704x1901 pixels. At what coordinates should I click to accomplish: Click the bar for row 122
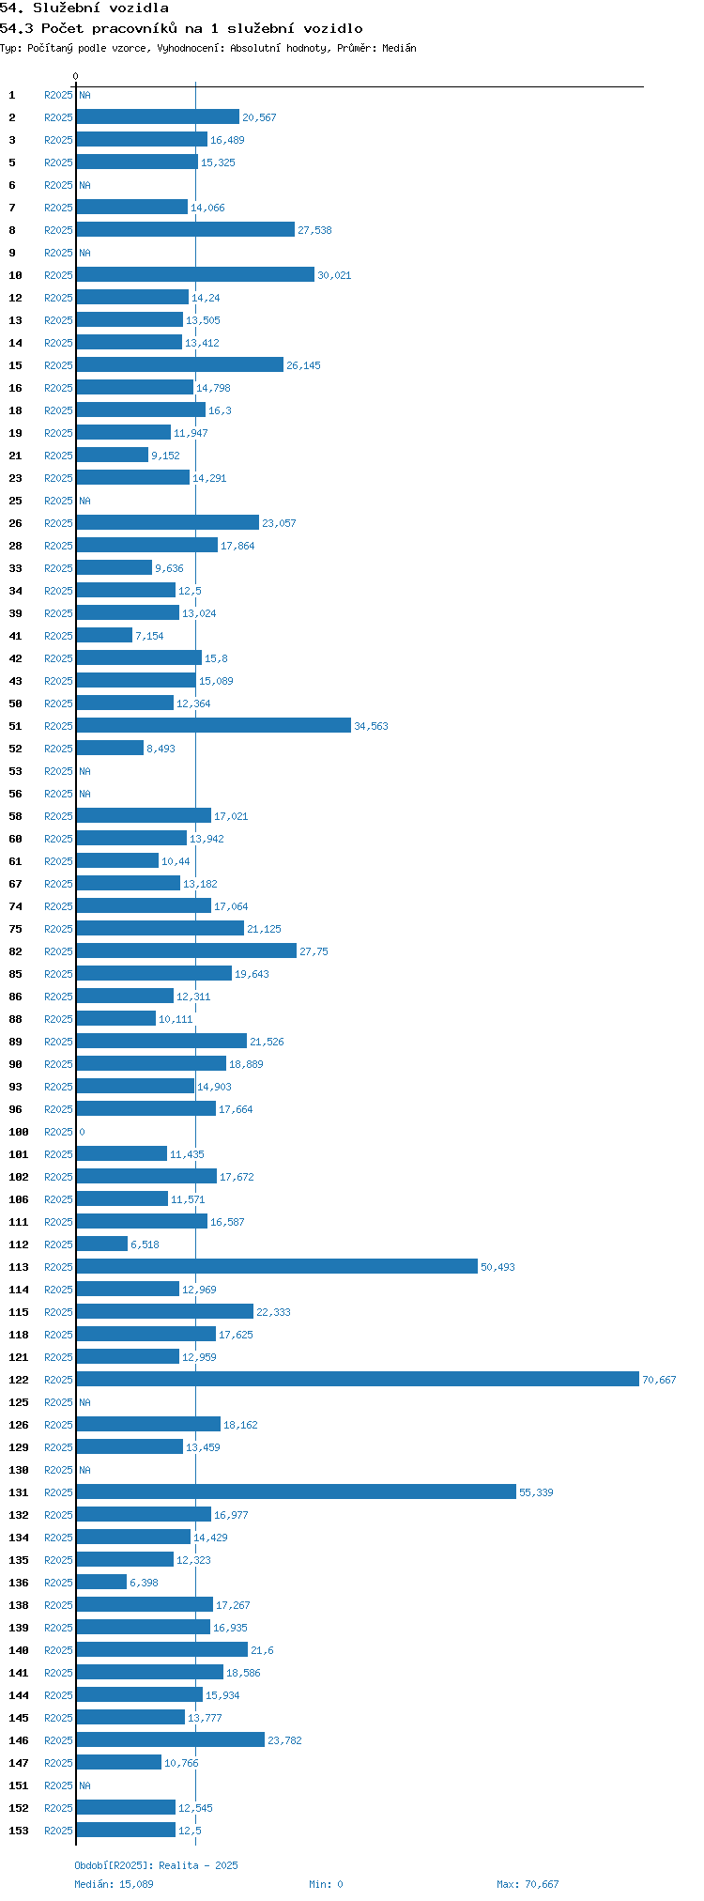tap(357, 1379)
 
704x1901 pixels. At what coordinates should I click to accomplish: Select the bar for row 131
tap(296, 1491)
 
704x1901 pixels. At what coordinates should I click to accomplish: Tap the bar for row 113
tap(277, 1266)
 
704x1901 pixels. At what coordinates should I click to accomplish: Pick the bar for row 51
tap(214, 725)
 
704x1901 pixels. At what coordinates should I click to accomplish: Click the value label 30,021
tap(334, 275)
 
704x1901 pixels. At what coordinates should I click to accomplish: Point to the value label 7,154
tap(149, 636)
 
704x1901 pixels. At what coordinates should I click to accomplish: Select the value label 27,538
tap(314, 230)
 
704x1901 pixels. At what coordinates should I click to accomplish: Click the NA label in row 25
tap(84, 501)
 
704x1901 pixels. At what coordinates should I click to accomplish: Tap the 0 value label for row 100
tap(82, 1132)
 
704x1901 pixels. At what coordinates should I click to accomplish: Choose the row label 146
tap(19, 1740)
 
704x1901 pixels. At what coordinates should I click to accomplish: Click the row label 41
tap(16, 636)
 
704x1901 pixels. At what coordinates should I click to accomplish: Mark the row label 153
tap(19, 1831)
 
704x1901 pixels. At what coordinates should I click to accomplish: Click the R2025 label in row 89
tap(58, 1042)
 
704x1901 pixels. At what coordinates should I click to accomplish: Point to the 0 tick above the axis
tap(76, 76)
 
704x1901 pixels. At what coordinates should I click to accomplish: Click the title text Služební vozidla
tap(100, 8)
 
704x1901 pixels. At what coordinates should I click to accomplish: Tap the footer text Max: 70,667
tap(528, 1884)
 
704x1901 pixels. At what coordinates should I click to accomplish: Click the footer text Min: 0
tap(326, 1884)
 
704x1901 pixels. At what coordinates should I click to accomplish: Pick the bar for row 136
tap(101, 1582)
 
